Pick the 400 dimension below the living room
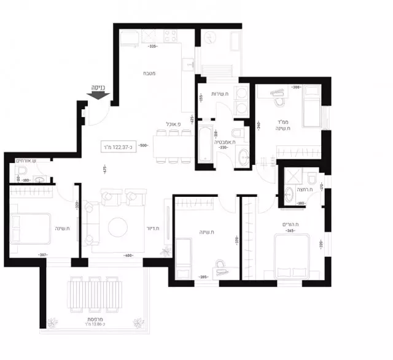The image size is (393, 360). [128, 255]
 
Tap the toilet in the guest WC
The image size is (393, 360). [39, 180]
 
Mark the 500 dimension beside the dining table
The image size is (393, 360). [144, 145]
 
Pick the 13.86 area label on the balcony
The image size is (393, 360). [95, 324]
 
